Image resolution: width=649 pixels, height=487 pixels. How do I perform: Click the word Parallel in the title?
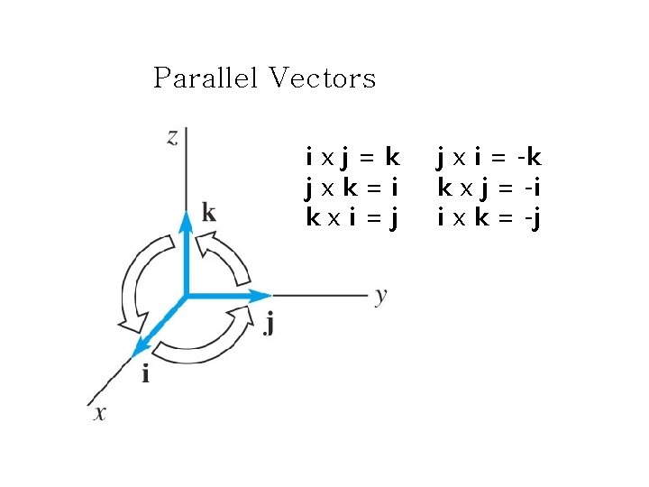[205, 78]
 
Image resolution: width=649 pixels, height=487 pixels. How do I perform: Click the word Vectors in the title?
[322, 78]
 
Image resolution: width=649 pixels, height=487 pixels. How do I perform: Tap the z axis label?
[171, 137]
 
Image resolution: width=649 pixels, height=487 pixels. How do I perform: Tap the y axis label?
[381, 295]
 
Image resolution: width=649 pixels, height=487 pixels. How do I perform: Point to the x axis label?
[100, 413]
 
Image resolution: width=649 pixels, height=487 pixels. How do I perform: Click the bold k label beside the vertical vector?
[209, 213]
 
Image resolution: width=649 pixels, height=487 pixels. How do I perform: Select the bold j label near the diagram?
[269, 322]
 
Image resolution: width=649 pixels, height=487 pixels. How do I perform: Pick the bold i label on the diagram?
[145, 372]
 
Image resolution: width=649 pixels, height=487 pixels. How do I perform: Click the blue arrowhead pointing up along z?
[186, 221]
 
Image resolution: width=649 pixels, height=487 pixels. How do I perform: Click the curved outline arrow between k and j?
[226, 254]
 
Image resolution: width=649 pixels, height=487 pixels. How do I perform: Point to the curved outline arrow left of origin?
[142, 282]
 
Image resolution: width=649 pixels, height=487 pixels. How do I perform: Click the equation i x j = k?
[352, 158]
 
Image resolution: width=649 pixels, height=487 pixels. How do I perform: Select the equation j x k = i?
[352, 188]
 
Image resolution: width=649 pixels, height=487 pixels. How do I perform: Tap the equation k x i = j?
[352, 217]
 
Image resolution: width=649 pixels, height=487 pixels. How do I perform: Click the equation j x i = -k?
[489, 158]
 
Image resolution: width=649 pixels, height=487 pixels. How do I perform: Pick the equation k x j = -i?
[489, 188]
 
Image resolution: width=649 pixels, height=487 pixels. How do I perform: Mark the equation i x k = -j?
[489, 217]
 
